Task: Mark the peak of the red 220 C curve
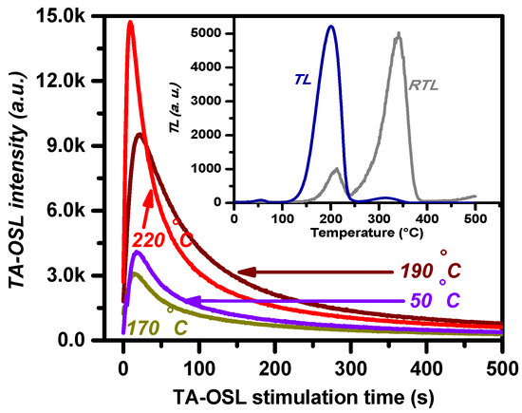pos(131,23)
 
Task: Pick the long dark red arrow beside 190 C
pos(313,272)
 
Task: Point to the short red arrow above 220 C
pos(147,203)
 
